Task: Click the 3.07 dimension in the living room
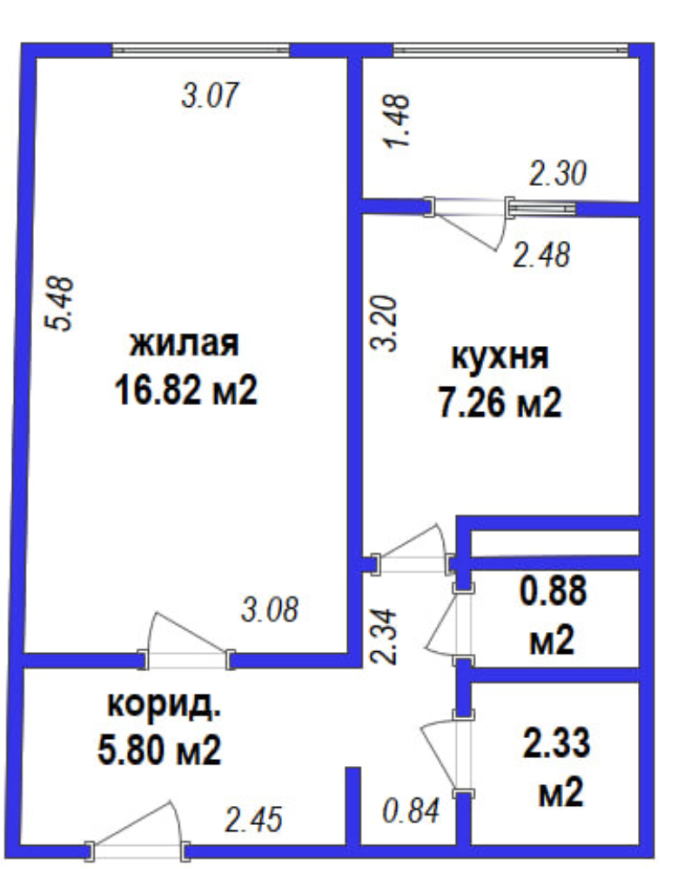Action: pyautogui.click(x=209, y=95)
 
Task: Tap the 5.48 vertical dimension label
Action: pyautogui.click(x=60, y=303)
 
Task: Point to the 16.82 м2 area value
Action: pyautogui.click(x=186, y=390)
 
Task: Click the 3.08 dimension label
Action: pyautogui.click(x=270, y=609)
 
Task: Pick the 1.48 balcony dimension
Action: pyautogui.click(x=397, y=121)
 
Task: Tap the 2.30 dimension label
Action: pyautogui.click(x=558, y=174)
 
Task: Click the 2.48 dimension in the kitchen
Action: pyautogui.click(x=541, y=255)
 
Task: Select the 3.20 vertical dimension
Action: pyautogui.click(x=384, y=323)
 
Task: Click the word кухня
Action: pyautogui.click(x=500, y=357)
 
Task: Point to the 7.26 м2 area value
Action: pyautogui.click(x=500, y=403)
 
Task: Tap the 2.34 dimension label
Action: pyautogui.click(x=383, y=636)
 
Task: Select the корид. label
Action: pyautogui.click(x=164, y=706)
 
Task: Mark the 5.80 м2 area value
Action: pyautogui.click(x=159, y=751)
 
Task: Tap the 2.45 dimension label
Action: pyautogui.click(x=253, y=821)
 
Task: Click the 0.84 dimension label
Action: pyautogui.click(x=411, y=810)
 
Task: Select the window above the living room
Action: pyautogui.click(x=201, y=50)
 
